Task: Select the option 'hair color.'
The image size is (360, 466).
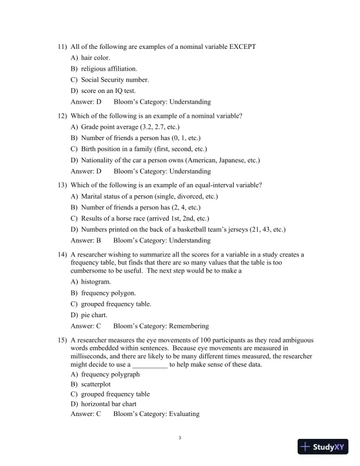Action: click(95, 58)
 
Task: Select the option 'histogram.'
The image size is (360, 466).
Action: click(95, 282)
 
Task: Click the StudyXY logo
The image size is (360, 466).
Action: click(324, 447)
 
